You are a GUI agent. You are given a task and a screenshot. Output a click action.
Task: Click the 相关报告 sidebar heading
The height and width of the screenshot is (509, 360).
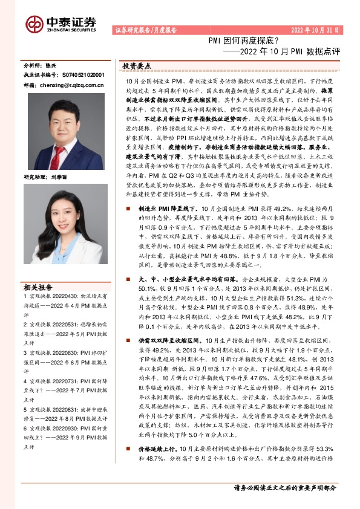tap(38, 287)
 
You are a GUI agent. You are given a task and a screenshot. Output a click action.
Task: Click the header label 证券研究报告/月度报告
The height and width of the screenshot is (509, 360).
tap(145, 30)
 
